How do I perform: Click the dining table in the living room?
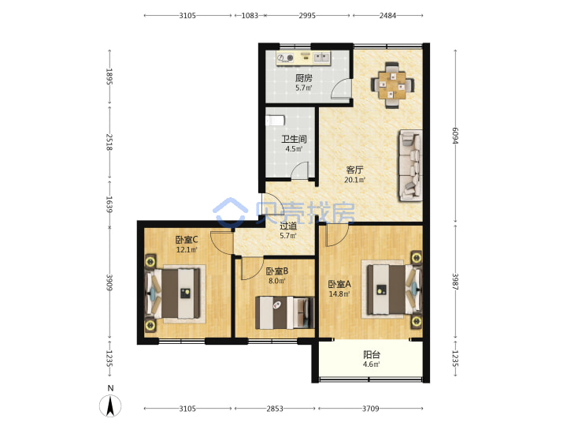click(x=392, y=85)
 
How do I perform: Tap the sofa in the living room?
click(x=410, y=166)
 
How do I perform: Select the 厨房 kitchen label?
click(x=304, y=78)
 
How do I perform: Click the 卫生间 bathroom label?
click(x=294, y=139)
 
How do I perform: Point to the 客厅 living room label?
click(x=354, y=170)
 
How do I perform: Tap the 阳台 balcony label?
click(x=372, y=355)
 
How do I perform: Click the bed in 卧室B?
click(x=284, y=312)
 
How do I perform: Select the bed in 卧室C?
click(x=172, y=293)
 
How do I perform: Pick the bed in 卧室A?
click(x=395, y=290)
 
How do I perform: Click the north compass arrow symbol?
click(x=110, y=405)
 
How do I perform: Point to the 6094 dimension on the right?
click(x=455, y=136)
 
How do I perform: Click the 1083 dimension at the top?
click(x=250, y=16)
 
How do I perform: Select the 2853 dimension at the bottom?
click(x=275, y=409)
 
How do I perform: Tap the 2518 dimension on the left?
click(x=109, y=142)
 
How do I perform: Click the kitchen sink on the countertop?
click(x=321, y=58)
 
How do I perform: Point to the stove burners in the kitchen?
click(x=285, y=58)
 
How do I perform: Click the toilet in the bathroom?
click(x=275, y=120)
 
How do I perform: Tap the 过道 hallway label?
click(x=288, y=226)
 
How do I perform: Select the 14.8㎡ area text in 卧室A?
click(x=339, y=294)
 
